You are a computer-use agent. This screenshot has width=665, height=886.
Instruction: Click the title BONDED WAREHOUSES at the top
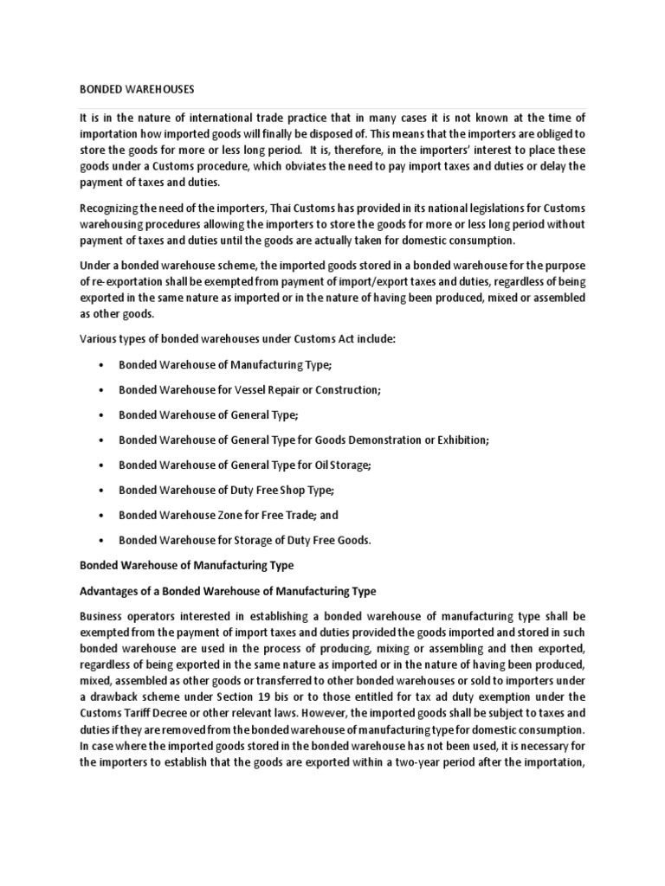coord(138,88)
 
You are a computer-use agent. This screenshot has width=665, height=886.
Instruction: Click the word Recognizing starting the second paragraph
coord(114,209)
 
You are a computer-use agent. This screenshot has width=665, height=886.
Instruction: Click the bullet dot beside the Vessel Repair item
coord(102,390)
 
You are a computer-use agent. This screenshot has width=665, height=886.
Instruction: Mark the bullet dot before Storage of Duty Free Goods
coord(102,541)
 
